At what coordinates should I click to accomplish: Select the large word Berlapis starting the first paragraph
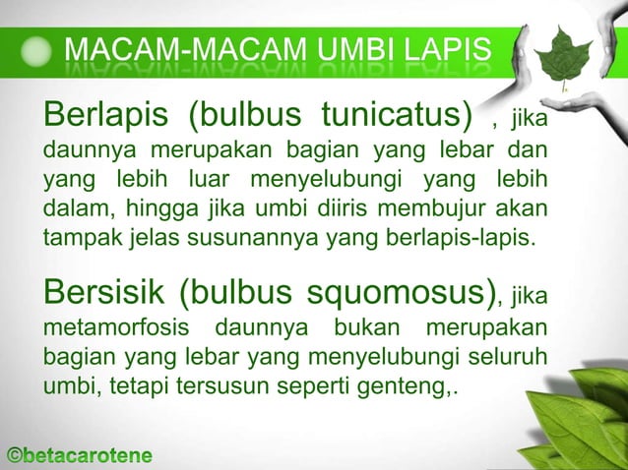pos(106,117)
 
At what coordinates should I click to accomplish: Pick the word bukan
pos(379,325)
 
